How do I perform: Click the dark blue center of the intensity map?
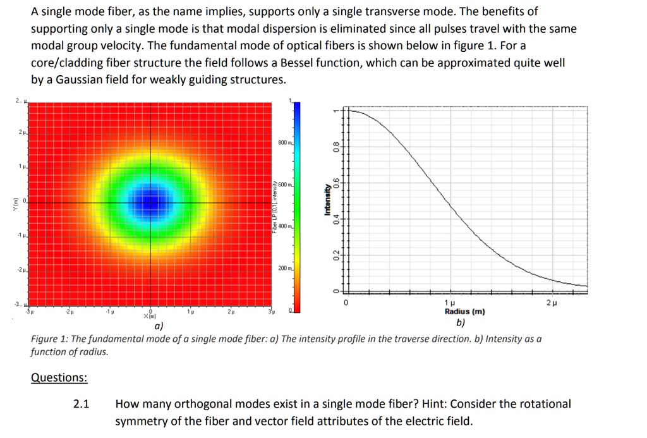click(x=150, y=201)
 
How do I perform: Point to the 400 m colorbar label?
click(x=284, y=226)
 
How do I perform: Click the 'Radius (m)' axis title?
click(x=464, y=312)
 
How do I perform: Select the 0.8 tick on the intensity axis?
click(x=337, y=148)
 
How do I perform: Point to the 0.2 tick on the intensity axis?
click(x=337, y=255)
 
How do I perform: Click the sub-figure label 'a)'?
click(x=159, y=325)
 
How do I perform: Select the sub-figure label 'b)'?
click(x=461, y=322)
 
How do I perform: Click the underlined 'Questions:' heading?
click(x=59, y=377)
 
